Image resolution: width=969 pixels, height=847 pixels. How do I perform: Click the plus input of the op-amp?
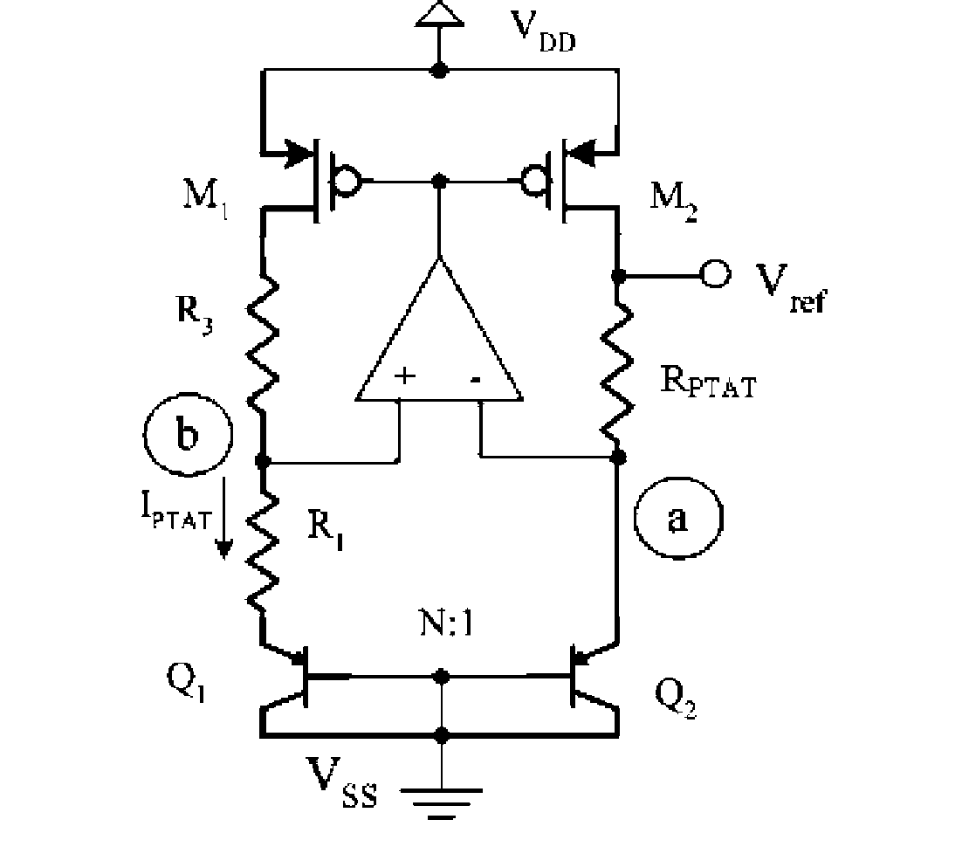pyautogui.click(x=404, y=377)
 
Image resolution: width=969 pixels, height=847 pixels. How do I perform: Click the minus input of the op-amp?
pyautogui.click(x=476, y=379)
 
